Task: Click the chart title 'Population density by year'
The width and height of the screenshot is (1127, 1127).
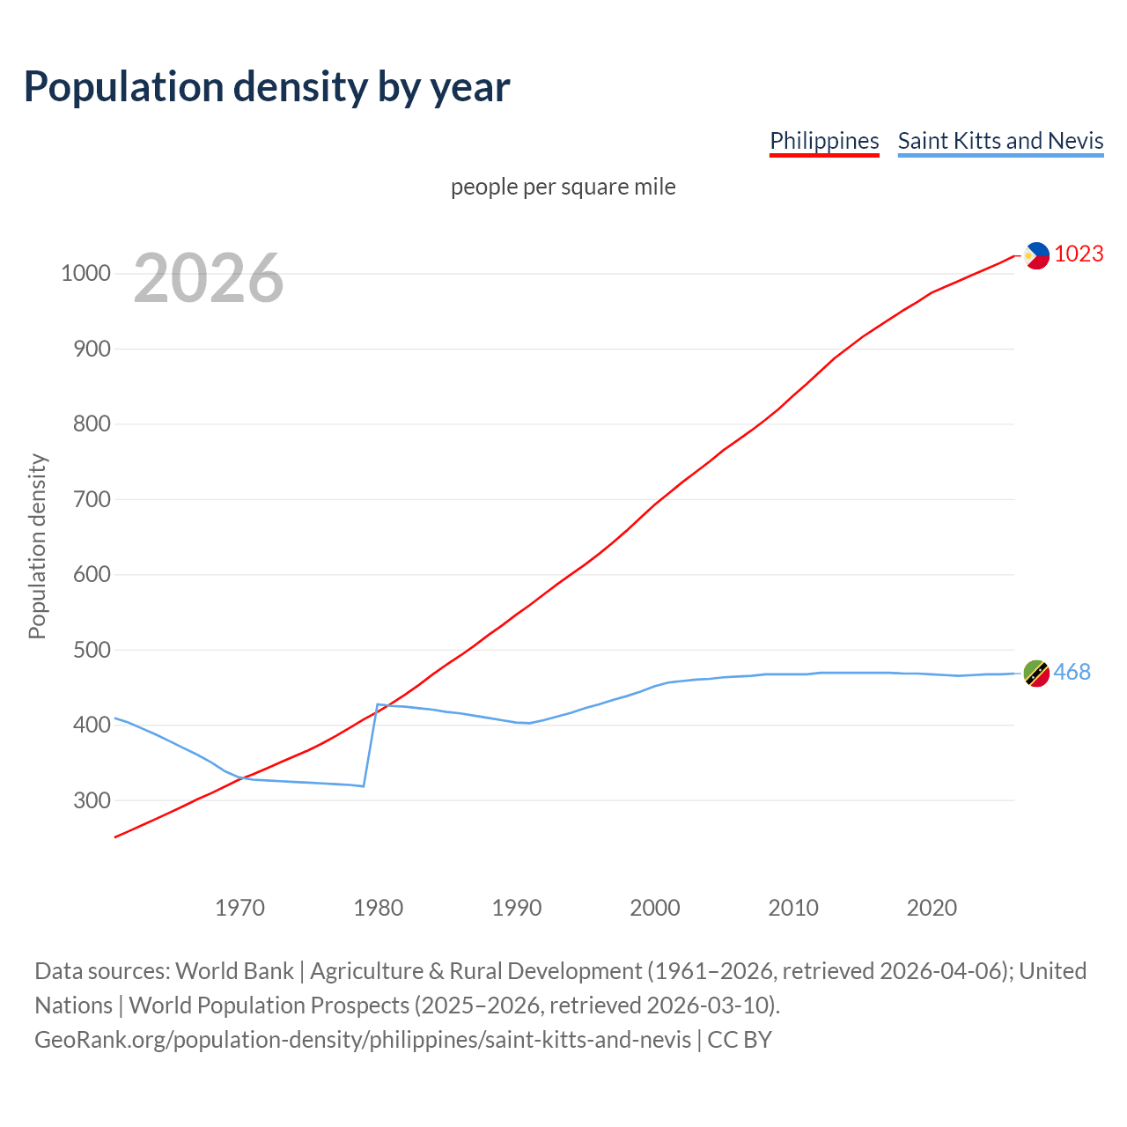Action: [x=267, y=87]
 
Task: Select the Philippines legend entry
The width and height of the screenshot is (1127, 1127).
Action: [x=824, y=141]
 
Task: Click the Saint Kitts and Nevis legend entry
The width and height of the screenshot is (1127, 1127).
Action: [x=1000, y=141]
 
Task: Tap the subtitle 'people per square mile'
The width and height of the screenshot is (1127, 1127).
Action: [x=563, y=187]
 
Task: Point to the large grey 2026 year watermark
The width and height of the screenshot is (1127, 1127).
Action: [x=209, y=278]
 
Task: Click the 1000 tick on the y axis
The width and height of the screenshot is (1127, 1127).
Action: [x=85, y=273]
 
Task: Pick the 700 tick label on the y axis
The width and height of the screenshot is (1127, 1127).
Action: [x=85, y=499]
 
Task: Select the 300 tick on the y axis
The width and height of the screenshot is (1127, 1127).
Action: [x=85, y=800]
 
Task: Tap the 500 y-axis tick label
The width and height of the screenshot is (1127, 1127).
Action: [x=85, y=650]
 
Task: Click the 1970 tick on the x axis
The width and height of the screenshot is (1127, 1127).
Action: [x=239, y=908]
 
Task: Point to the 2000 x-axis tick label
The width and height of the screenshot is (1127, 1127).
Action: [x=655, y=908]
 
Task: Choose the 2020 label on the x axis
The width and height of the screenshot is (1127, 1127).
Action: [x=932, y=908]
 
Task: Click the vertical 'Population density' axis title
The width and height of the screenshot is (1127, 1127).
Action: [x=37, y=546]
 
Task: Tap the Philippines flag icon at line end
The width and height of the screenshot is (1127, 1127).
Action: [x=1037, y=255]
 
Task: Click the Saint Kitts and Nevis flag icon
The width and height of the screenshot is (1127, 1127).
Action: [x=1036, y=673]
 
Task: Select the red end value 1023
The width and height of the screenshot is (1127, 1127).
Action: [x=1079, y=254]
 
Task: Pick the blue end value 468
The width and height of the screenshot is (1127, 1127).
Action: [x=1072, y=672]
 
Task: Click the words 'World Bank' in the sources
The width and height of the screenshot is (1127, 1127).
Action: [x=234, y=971]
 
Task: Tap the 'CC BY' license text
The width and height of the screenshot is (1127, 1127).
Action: [x=740, y=1040]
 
